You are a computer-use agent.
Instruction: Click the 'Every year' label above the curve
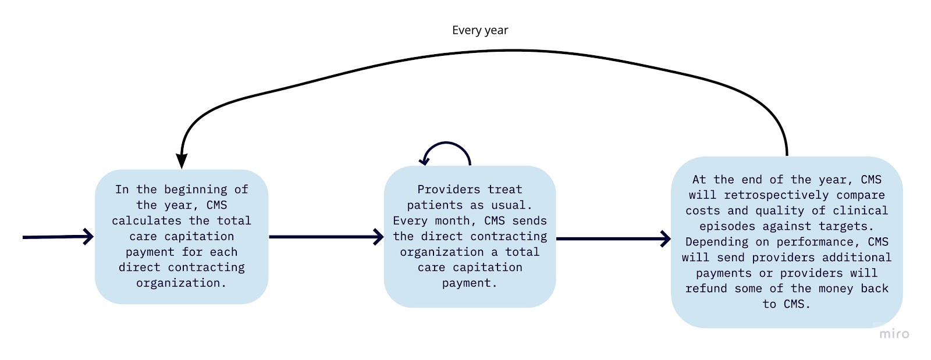479,30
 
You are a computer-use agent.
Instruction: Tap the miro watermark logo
894,334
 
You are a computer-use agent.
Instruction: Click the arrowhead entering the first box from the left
88,237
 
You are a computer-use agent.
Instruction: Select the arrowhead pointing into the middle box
378,237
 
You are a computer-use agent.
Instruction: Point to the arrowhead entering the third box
666,238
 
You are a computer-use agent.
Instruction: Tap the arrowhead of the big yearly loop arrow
182,161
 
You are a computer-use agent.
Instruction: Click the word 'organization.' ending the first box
182,283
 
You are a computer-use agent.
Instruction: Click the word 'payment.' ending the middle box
470,283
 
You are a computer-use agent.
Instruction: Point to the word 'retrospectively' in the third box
776,195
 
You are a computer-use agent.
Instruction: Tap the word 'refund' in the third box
706,288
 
